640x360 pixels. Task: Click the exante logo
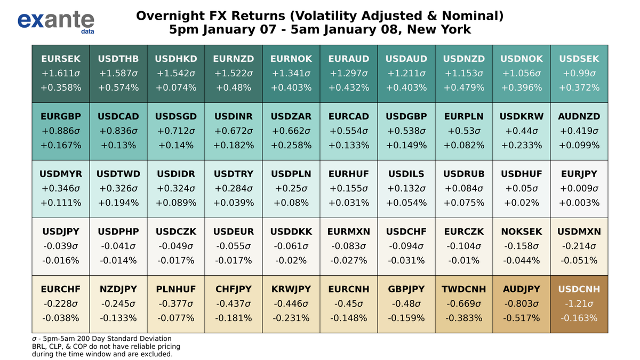tap(55, 21)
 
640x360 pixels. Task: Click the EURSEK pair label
tap(60, 58)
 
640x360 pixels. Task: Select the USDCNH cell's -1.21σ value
tap(579, 303)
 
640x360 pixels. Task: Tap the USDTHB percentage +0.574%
tap(118, 87)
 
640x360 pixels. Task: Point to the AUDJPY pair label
tap(521, 289)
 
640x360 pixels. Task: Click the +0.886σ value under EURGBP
tap(60, 131)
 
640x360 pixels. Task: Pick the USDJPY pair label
tap(60, 231)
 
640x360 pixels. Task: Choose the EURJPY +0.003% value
tap(579, 203)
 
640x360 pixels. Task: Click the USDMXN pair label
tap(579, 231)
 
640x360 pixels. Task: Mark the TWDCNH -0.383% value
tap(463, 318)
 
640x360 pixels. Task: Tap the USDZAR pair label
tap(291, 116)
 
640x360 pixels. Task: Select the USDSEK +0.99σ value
tap(579, 73)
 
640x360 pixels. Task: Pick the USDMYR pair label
tap(60, 174)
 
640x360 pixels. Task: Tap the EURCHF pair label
tap(60, 289)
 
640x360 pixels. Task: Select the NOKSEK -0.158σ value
tap(521, 246)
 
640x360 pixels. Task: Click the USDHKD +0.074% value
tap(175, 87)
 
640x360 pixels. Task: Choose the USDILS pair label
tap(406, 174)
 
